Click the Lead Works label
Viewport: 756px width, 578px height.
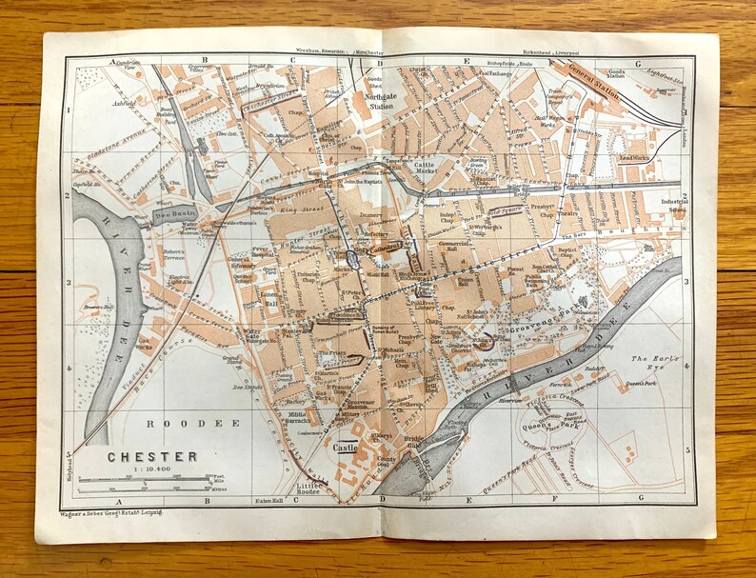633,158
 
